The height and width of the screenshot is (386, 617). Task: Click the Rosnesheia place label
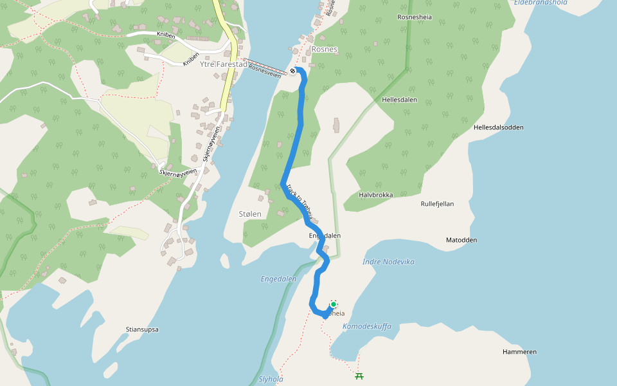click(x=415, y=17)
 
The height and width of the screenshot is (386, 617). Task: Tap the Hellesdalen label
click(x=399, y=100)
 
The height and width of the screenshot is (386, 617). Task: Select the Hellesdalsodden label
click(x=498, y=127)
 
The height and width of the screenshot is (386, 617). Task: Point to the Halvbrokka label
click(x=375, y=195)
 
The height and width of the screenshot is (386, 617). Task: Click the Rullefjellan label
click(x=437, y=204)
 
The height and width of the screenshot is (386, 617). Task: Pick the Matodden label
click(x=461, y=240)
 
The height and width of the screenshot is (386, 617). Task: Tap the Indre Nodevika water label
click(x=388, y=262)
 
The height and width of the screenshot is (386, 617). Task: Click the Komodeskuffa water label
click(x=366, y=326)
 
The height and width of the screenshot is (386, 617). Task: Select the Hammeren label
click(x=519, y=352)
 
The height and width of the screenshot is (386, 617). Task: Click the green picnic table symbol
click(x=359, y=376)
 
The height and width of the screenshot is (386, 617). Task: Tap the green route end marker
click(x=334, y=304)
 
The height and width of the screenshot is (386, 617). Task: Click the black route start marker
click(x=293, y=71)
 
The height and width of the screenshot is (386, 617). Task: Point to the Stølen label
click(x=250, y=214)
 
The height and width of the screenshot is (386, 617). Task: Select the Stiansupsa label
click(x=142, y=329)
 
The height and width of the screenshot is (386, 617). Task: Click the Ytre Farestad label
click(x=224, y=64)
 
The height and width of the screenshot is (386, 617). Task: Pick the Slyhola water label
click(x=271, y=379)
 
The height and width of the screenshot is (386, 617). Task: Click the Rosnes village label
click(x=324, y=49)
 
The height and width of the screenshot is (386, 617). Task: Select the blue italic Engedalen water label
click(x=278, y=279)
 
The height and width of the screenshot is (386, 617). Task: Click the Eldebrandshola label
click(x=541, y=3)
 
